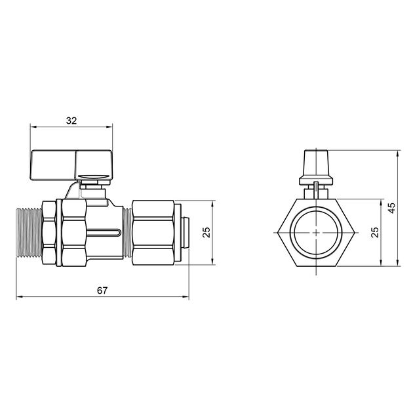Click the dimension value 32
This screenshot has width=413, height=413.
(x=71, y=121)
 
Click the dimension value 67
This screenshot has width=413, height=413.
(x=101, y=290)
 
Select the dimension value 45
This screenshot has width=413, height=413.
(x=391, y=208)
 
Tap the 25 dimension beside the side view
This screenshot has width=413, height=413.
(x=205, y=233)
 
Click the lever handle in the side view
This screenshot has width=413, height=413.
(x=72, y=164)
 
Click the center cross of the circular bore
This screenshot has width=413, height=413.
(x=316, y=233)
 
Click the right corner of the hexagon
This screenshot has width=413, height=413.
(x=358, y=233)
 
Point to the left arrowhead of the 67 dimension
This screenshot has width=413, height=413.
(x=19, y=298)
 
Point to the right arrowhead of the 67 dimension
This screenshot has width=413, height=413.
(x=187, y=298)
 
